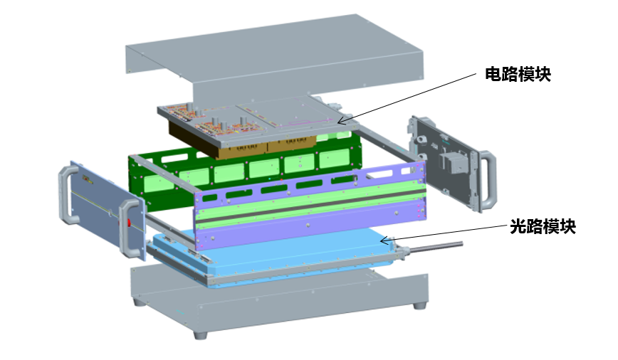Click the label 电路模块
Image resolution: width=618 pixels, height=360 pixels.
(x=518, y=75)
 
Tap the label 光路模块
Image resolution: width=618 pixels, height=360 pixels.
(x=543, y=226)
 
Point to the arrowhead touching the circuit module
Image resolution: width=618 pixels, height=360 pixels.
(x=341, y=122)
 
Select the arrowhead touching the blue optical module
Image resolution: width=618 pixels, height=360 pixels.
(x=385, y=240)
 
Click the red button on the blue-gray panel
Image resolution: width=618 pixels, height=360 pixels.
(x=128, y=223)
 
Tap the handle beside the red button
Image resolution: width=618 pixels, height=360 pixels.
(x=131, y=228)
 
